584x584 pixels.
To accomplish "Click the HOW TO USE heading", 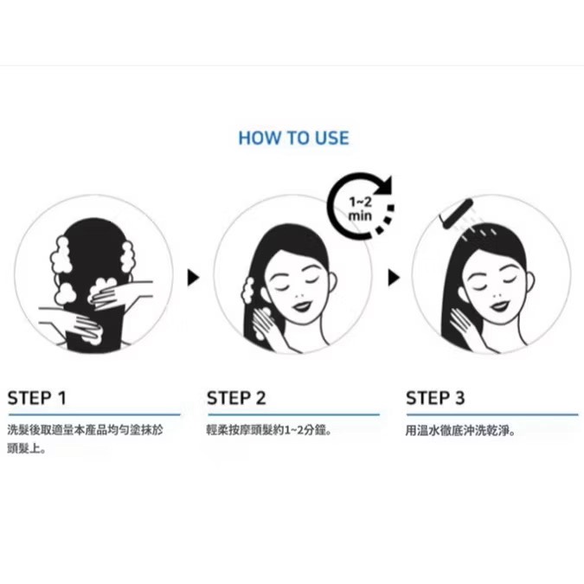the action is (293, 138).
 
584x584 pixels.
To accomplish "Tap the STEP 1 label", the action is (37, 398).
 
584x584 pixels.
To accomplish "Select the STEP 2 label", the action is (236, 398).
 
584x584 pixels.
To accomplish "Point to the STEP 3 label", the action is (435, 398).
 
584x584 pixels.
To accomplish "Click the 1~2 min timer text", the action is (360, 209).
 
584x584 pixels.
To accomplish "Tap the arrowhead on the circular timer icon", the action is (384, 185).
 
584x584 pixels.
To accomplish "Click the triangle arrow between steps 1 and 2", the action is (193, 278).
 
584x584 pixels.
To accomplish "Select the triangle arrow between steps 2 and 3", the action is (394, 278).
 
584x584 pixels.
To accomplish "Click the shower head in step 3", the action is (457, 214).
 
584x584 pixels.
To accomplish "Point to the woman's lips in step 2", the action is (301, 306).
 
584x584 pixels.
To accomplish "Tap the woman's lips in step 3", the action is (499, 306).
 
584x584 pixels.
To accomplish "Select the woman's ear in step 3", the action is (529, 283).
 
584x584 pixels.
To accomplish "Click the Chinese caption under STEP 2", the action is (269, 430).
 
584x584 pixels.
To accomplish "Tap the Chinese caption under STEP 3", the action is (460, 431).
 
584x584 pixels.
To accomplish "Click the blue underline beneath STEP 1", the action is (94, 414).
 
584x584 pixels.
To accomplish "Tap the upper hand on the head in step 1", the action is (119, 292).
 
